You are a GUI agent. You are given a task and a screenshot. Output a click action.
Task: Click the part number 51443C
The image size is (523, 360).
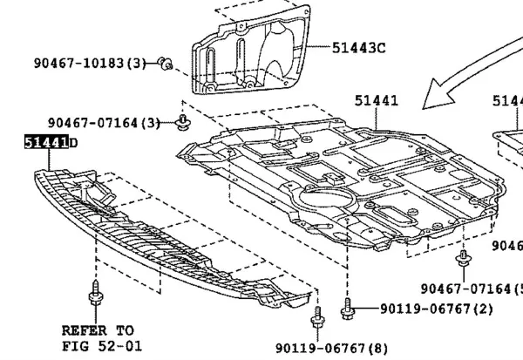(x=357, y=48)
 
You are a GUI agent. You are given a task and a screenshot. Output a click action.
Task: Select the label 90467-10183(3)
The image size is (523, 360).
(x=91, y=64)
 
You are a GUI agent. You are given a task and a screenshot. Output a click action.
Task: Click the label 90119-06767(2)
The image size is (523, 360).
(x=436, y=309)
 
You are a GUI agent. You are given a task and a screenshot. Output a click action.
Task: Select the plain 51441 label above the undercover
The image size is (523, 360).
(x=376, y=101)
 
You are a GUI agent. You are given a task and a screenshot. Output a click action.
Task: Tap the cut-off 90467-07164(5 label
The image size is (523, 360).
(x=471, y=289)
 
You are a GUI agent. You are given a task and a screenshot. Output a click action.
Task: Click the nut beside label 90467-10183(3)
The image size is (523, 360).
(x=166, y=63)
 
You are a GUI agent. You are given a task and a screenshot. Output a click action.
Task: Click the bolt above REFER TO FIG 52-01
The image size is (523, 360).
(x=93, y=302)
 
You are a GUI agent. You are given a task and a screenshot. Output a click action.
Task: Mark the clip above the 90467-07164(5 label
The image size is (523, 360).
(x=462, y=259)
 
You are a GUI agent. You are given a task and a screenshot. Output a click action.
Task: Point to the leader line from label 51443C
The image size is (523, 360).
(x=319, y=48)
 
